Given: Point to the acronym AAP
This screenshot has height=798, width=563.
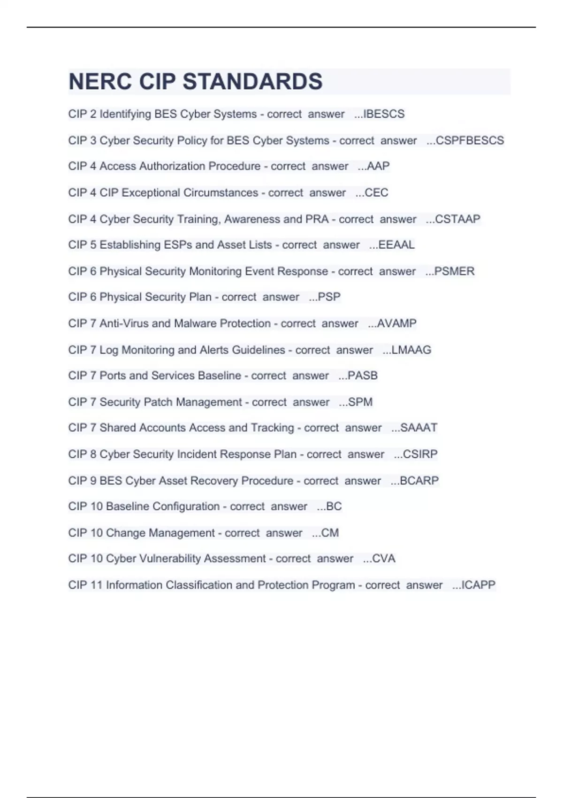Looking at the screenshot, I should point(378,166).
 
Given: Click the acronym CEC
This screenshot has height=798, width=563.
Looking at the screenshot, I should point(376,192).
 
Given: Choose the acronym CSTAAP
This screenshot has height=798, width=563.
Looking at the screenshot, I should point(457,219).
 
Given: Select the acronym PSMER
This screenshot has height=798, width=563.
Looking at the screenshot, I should point(454,271).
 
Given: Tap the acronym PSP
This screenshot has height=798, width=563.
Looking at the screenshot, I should point(329,297).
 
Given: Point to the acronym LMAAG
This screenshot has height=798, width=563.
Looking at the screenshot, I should point(411,350).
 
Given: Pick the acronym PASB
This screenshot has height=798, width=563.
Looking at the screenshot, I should point(362,376).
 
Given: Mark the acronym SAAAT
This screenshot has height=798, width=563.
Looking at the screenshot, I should point(418,428).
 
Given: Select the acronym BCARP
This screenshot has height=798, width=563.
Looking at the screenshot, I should point(419,481).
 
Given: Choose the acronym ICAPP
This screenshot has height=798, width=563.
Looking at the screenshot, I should point(478,585).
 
